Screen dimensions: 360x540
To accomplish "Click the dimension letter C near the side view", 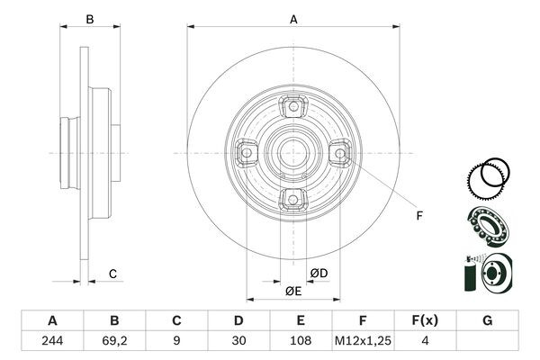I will [x=112, y=274].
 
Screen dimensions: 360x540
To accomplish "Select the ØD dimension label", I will [x=319, y=274].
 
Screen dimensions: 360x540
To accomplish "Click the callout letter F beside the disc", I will [x=418, y=214].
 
